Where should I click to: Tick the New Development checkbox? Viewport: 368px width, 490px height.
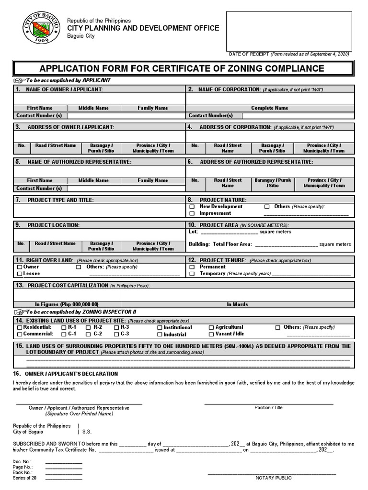click(x=192, y=207)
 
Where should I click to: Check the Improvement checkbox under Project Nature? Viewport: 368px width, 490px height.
click(x=192, y=213)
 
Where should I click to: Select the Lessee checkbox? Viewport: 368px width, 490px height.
click(x=20, y=274)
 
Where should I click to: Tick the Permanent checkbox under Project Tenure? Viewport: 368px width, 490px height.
click(x=192, y=267)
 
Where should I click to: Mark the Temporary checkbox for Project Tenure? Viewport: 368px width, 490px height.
click(x=192, y=274)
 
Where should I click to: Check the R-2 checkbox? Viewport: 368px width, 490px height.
click(x=88, y=327)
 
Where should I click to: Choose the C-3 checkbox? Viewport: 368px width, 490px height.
click(x=115, y=334)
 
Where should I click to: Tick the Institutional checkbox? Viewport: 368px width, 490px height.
click(x=160, y=328)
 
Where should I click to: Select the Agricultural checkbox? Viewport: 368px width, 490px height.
click(x=211, y=327)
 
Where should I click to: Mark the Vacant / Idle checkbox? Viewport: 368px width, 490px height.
click(x=211, y=334)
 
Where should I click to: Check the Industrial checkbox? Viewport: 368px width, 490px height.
click(x=160, y=335)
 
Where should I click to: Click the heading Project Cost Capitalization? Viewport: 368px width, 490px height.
click(x=68, y=285)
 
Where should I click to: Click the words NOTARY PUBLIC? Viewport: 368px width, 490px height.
click(x=273, y=478)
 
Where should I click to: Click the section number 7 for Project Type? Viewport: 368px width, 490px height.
click(x=18, y=200)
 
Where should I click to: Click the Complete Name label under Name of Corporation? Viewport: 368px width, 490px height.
click(x=270, y=108)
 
